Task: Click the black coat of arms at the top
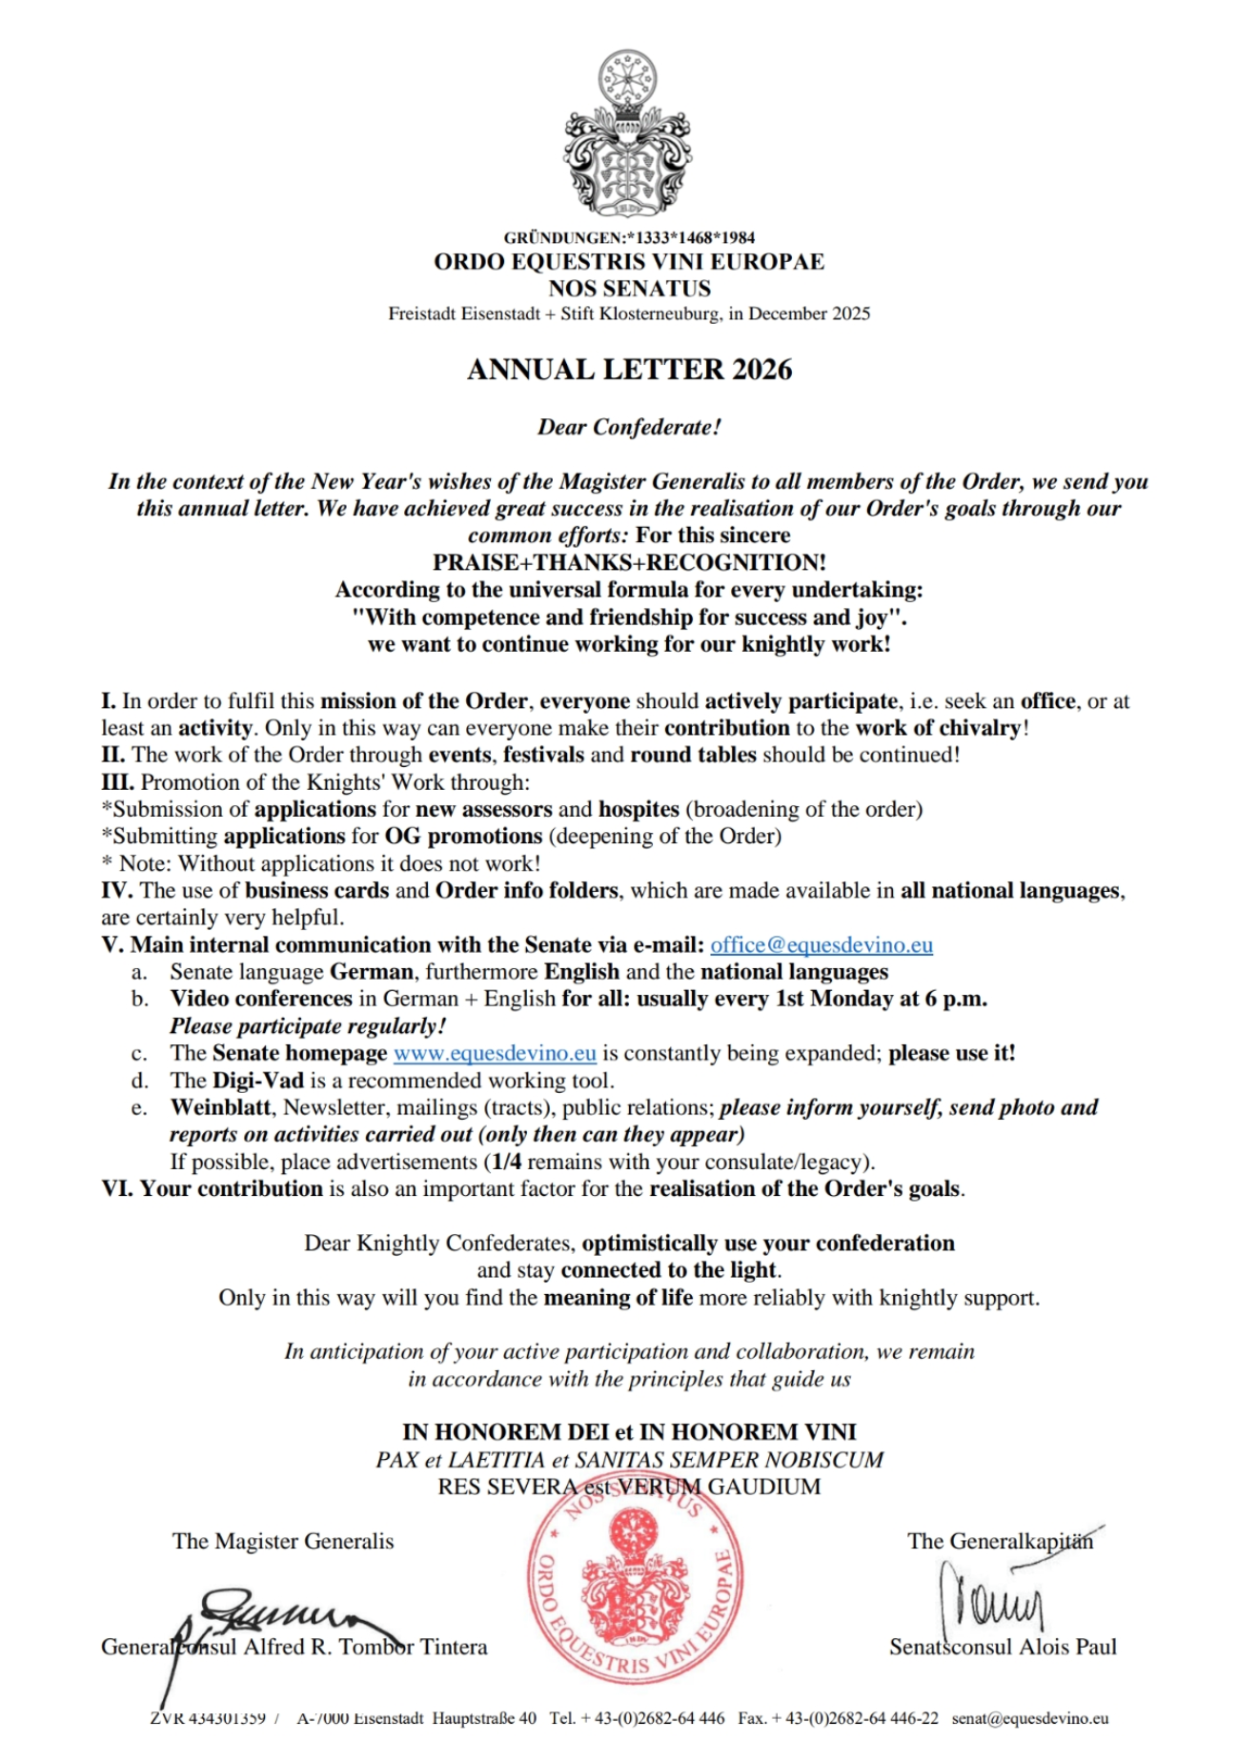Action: click(x=628, y=133)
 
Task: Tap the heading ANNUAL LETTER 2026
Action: click(x=629, y=370)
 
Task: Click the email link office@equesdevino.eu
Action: click(x=822, y=944)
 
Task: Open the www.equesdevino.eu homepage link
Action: click(x=495, y=1053)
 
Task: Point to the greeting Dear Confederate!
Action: click(x=629, y=427)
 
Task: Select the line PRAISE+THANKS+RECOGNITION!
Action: click(x=629, y=562)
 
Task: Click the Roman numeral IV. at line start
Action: click(x=116, y=890)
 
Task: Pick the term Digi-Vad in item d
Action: click(x=257, y=1081)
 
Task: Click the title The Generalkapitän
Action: click(x=1000, y=1541)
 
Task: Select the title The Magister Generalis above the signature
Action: click(x=283, y=1541)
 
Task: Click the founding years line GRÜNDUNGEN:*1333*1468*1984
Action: click(x=629, y=237)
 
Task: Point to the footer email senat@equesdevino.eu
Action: click(x=1030, y=1718)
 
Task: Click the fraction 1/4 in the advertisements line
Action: click(x=506, y=1162)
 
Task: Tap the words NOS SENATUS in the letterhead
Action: click(x=629, y=288)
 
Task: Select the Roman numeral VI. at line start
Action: click(x=117, y=1188)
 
